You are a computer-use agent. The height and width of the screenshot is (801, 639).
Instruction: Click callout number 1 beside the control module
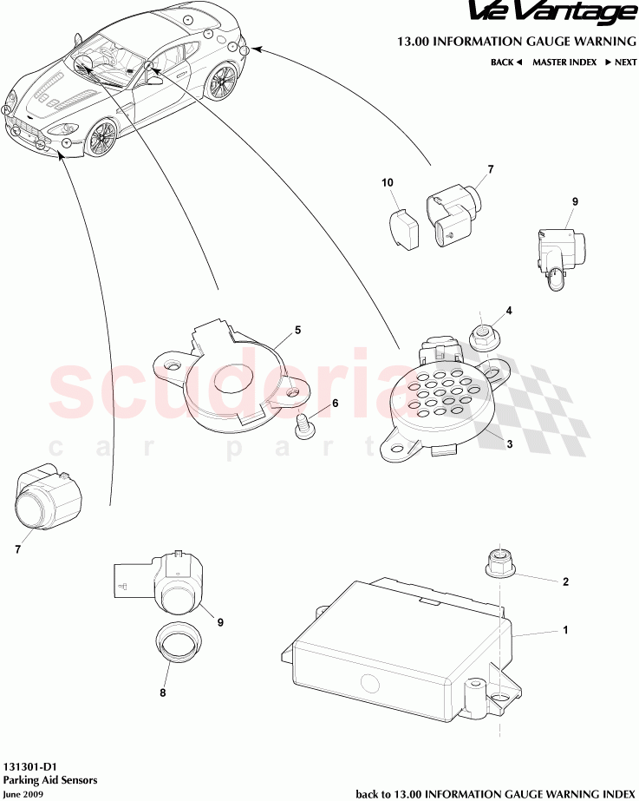point(565,631)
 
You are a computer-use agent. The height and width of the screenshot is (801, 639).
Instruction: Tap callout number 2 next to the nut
point(565,582)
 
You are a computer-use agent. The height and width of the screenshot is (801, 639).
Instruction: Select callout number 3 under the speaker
point(510,443)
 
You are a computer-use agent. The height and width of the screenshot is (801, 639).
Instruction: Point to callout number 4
point(509,311)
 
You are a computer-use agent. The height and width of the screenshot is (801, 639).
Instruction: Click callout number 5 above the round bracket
point(297,330)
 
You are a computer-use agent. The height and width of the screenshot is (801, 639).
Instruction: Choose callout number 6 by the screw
point(335,404)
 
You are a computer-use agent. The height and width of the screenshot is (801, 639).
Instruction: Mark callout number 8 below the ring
point(162,693)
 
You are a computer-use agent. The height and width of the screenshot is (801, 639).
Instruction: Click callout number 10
point(388,182)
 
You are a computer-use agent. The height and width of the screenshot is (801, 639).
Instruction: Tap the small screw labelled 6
point(304,424)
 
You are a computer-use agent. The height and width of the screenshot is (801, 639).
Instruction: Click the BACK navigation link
point(505,62)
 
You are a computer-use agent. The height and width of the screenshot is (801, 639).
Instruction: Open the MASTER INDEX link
point(564,62)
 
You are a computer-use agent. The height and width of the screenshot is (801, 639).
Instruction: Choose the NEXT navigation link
point(621,62)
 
